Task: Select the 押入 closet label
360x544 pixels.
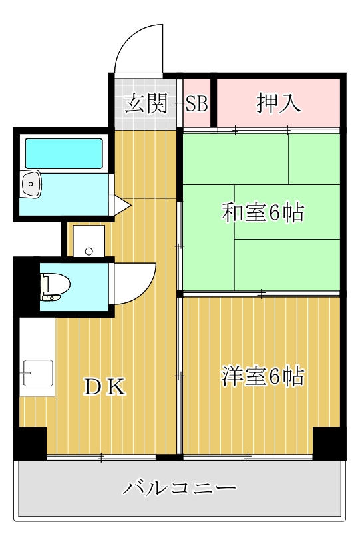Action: [279, 104]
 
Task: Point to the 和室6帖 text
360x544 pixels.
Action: [263, 213]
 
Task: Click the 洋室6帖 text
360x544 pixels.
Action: [263, 377]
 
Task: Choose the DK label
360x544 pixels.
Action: [104, 387]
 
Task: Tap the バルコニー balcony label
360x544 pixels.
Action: [180, 489]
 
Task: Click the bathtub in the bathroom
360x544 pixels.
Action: [64, 153]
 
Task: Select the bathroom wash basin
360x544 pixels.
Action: [31, 185]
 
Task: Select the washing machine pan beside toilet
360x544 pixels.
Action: [89, 240]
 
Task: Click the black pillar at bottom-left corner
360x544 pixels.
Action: [30, 443]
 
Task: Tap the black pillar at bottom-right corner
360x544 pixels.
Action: [329, 443]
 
